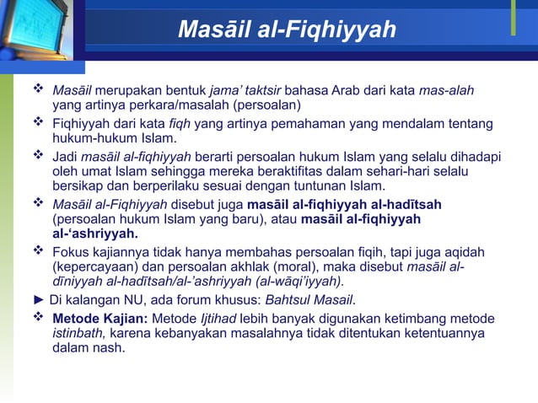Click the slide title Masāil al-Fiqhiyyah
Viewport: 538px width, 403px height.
pos(287,30)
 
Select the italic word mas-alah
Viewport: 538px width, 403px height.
pos(446,90)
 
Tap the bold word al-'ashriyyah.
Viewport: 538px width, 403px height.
pos(95,234)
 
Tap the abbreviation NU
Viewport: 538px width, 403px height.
pos(129,300)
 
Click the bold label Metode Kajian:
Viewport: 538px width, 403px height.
pos(100,318)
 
